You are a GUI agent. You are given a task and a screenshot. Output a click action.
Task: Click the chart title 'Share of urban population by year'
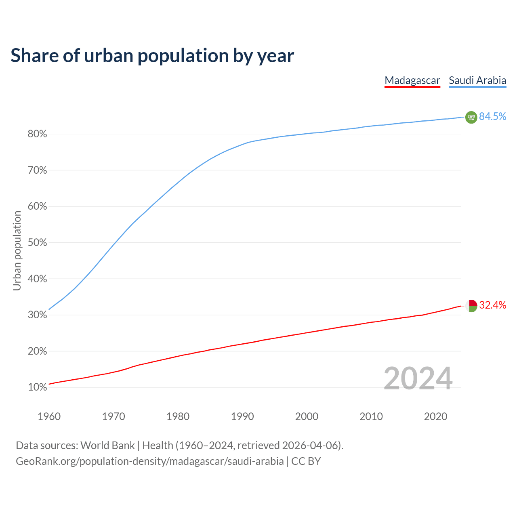(x=152, y=56)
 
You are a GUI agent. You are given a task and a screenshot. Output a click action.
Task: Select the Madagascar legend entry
(x=412, y=80)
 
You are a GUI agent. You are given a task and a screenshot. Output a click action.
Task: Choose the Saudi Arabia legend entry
(x=477, y=80)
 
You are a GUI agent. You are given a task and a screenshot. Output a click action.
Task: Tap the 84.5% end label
(x=492, y=117)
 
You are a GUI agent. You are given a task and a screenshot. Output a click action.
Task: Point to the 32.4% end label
(x=492, y=305)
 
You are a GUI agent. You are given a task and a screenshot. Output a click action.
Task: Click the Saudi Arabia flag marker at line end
(x=471, y=117)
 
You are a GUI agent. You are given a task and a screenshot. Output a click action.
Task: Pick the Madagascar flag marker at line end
(x=471, y=306)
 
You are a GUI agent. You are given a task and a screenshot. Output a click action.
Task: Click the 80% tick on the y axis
(x=37, y=134)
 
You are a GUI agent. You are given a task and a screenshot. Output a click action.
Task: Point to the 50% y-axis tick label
(x=37, y=243)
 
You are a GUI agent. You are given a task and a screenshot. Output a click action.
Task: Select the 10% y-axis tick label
(x=37, y=388)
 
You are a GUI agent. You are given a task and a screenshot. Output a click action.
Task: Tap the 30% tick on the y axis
(x=37, y=315)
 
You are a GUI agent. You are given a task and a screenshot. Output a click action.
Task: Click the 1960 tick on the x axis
(x=49, y=416)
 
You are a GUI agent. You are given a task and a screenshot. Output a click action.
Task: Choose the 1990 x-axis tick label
(x=242, y=416)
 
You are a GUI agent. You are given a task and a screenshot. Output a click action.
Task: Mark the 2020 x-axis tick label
(x=435, y=416)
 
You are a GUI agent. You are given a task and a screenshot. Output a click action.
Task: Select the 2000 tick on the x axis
(x=307, y=416)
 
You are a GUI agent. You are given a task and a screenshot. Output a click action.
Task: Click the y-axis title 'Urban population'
(x=17, y=250)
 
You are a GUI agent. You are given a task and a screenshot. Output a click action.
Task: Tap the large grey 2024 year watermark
(x=418, y=379)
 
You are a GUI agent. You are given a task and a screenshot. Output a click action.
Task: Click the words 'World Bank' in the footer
(x=107, y=446)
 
